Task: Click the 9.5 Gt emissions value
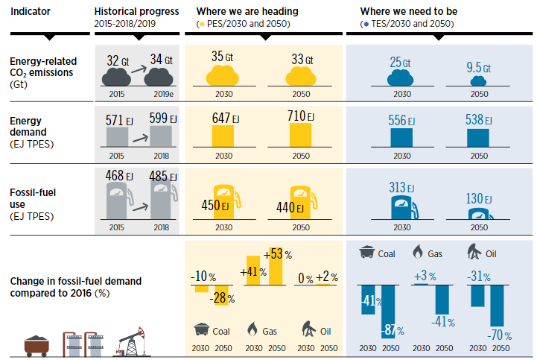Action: [479, 68]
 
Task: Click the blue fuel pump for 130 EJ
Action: [480, 215]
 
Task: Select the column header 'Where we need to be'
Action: [408, 12]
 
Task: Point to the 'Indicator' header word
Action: [31, 12]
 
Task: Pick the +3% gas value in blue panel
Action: [421, 277]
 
